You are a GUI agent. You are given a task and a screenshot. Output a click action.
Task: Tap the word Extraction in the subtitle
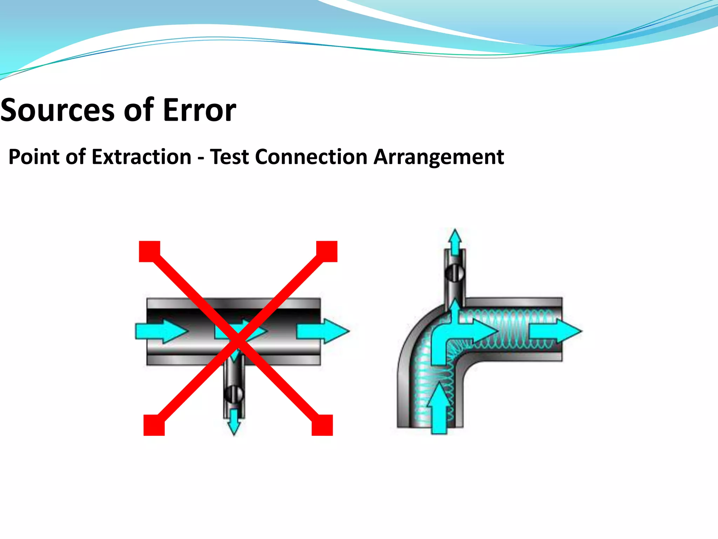click(x=142, y=157)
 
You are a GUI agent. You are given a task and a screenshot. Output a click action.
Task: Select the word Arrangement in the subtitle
click(x=439, y=157)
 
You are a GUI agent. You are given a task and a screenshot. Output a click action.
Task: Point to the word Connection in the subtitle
click(x=311, y=157)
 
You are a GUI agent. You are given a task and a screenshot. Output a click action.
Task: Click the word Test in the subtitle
click(x=229, y=157)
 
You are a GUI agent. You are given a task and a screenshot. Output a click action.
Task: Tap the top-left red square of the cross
click(x=150, y=251)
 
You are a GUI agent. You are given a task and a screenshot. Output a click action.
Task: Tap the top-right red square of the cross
click(x=327, y=251)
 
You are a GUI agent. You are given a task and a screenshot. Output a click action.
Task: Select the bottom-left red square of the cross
click(x=154, y=425)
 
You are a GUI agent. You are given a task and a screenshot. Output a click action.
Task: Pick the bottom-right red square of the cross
click(x=322, y=425)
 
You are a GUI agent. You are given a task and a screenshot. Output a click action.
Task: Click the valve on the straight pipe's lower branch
click(x=234, y=394)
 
